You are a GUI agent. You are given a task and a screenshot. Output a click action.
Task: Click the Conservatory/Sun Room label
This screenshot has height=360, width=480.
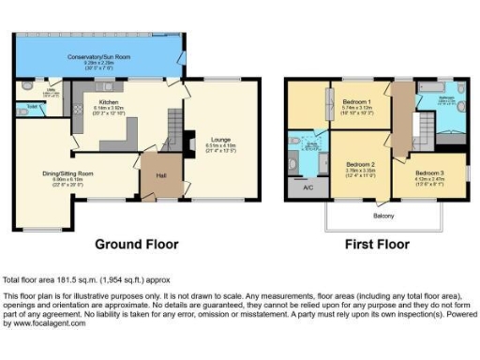[x=98, y=58]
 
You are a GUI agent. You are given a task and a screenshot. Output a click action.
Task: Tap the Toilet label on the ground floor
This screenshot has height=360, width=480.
[x=33, y=106]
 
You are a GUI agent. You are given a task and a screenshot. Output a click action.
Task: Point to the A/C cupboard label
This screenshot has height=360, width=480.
[x=307, y=187]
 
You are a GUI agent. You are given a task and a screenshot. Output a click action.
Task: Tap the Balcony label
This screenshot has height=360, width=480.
[x=383, y=217]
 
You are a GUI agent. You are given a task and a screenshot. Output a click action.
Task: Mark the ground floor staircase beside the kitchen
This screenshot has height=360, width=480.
[x=172, y=122]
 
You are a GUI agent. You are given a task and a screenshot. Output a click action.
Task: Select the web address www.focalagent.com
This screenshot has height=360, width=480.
[x=41, y=323]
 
